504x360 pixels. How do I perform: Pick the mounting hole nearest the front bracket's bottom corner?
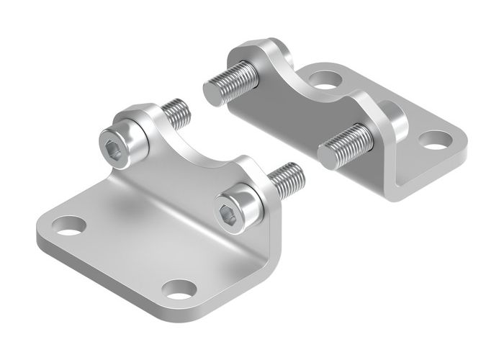coord(179,289)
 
